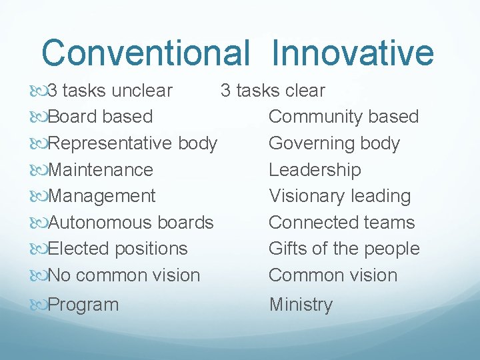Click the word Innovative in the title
[x=353, y=53]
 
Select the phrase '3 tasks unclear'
[x=111, y=91]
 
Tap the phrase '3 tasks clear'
[x=273, y=91]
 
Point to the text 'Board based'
[x=101, y=117]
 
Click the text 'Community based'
[x=343, y=117]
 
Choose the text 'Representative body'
[x=133, y=143]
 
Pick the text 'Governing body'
[x=334, y=143]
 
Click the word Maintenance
[x=101, y=170]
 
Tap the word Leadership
[x=315, y=170]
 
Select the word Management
[x=102, y=196]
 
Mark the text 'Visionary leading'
[x=339, y=196]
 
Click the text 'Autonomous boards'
[x=131, y=223]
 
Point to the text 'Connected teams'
[x=341, y=223]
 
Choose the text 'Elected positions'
[x=118, y=249]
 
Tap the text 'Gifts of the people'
[x=344, y=249]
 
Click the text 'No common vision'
[x=124, y=275]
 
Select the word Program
[x=83, y=305]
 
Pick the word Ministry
[x=301, y=305]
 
